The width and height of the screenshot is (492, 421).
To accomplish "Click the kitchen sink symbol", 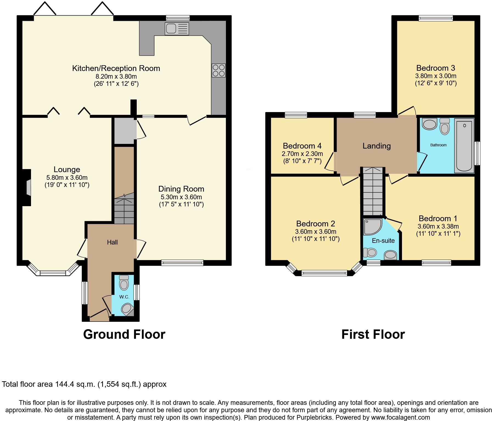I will coord(177,29).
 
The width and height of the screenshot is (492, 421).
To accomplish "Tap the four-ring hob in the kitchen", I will coord(219,70).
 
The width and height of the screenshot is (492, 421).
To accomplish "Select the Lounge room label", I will coord(67,170).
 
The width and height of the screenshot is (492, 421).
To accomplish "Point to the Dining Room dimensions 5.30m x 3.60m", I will coord(181,197).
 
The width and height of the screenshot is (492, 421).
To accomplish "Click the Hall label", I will coord(112,242).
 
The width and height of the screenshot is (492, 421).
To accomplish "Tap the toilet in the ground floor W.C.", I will coord(124,283).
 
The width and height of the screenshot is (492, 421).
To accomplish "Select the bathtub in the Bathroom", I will coord(464,146).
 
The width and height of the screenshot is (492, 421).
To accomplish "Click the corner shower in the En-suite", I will coord(372,226).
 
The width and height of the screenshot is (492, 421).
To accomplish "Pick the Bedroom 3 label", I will coord(435,68).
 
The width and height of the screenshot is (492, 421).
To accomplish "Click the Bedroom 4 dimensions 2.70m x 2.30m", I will coord(302,154).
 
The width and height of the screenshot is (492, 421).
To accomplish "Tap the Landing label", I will coord(376,146).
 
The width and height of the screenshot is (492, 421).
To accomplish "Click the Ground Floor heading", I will coord(124,334).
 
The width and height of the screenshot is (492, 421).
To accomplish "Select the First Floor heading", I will coord(373,334).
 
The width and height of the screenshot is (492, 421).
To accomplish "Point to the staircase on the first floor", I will coord(373,192).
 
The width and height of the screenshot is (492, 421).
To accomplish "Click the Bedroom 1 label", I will coord(438,218).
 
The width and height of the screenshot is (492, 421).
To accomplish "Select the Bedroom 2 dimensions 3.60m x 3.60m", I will coord(315,232).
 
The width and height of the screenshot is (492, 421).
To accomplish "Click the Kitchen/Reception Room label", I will coord(116,68).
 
